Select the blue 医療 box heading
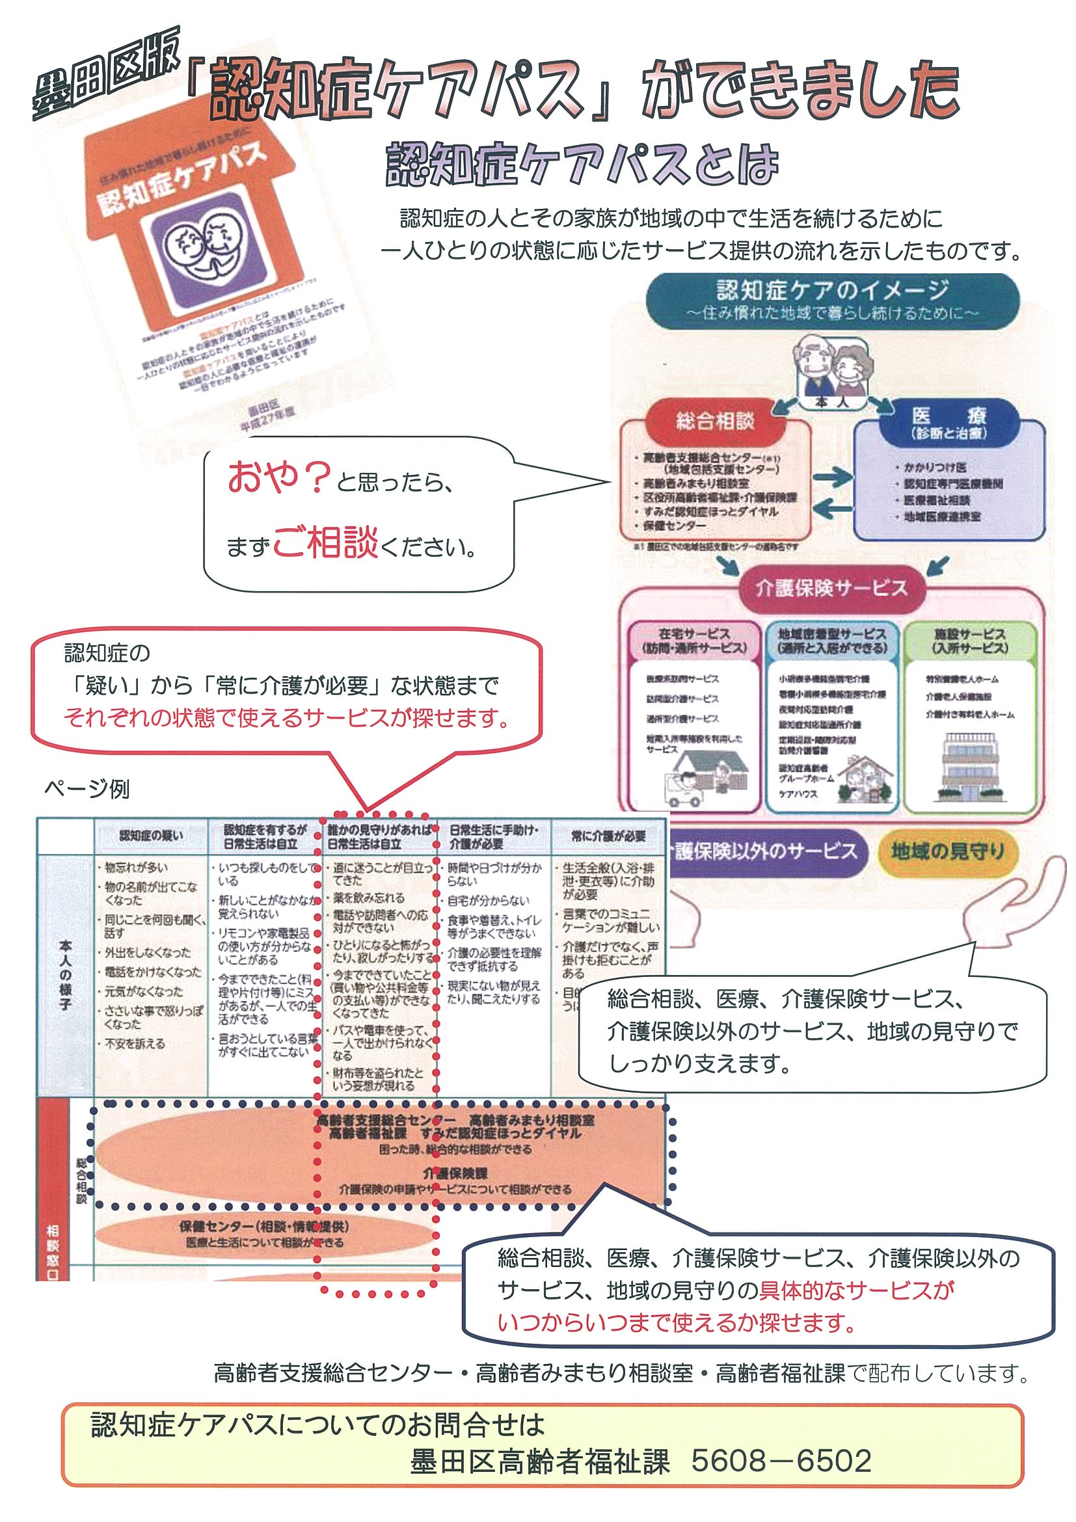tap(948, 422)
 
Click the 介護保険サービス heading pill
tap(831, 587)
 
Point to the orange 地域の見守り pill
tap(947, 851)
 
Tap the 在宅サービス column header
tap(693, 641)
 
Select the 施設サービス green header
tap(969, 641)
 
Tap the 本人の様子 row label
tap(66, 974)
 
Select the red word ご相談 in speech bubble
tap(325, 544)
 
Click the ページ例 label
tap(86, 789)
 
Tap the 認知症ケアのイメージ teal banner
tap(832, 300)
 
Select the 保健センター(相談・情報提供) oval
tap(265, 1234)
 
